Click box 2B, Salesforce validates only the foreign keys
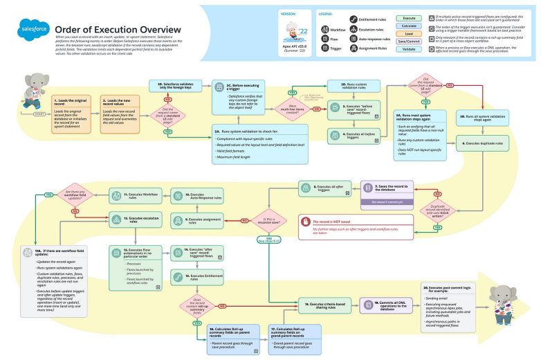(174, 85)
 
